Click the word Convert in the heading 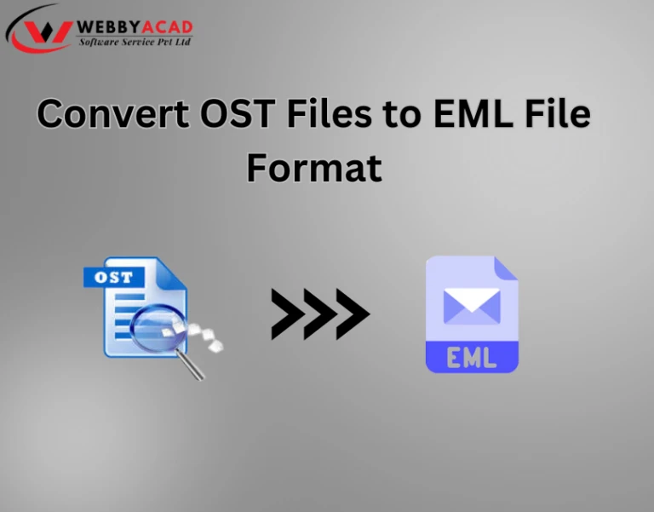coord(113,113)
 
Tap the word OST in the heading coord(238,113)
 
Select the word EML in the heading coord(473,113)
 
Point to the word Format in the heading coord(314,168)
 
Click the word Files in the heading coord(329,112)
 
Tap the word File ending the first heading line coord(557,112)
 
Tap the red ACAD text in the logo coord(167,27)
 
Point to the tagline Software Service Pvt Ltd coord(135,42)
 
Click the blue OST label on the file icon coord(113,278)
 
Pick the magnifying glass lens coord(156,327)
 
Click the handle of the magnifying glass coord(190,365)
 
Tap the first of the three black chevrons coord(288,314)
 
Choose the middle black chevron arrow coord(320,314)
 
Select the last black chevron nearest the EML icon coord(353,314)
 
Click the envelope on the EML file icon coord(472,307)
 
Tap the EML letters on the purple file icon coord(472,358)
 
